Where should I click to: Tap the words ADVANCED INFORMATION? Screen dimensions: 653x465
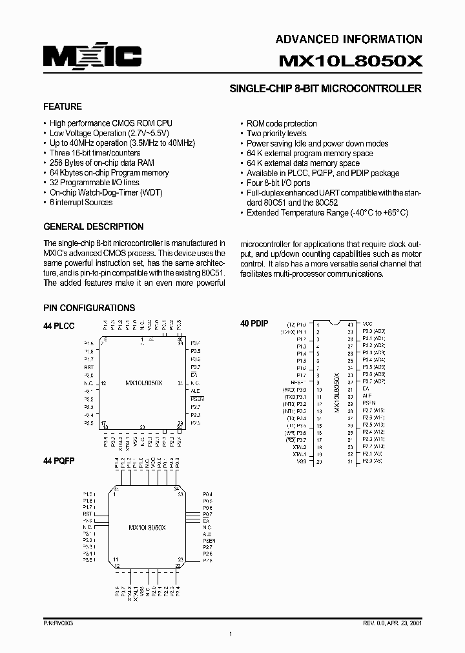349,39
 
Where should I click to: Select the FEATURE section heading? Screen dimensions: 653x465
62,106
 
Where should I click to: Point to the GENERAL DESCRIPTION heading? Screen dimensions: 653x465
93,226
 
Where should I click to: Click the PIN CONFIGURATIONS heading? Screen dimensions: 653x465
89,308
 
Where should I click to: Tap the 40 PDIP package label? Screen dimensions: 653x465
254,323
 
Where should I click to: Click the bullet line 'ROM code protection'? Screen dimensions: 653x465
282,123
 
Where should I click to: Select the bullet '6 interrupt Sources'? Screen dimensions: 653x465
81,202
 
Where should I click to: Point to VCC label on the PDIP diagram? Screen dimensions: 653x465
367,324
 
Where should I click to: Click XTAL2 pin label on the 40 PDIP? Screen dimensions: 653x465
299,447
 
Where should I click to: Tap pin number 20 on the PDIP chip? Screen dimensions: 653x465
318,462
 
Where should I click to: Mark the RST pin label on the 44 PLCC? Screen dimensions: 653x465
88,367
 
